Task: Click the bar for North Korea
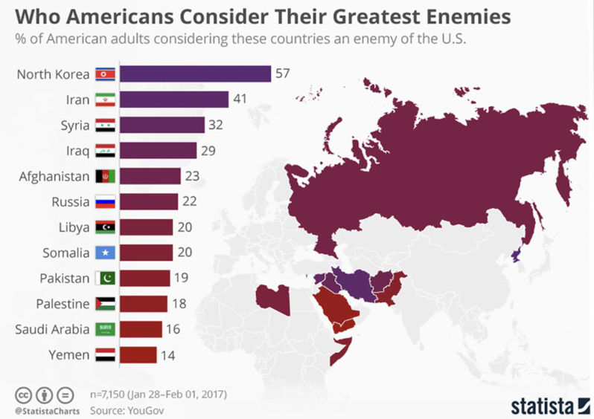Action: [194, 74]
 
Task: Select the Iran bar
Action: [173, 99]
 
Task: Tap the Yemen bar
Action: [138, 354]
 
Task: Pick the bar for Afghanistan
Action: [150, 176]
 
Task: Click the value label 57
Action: [283, 74]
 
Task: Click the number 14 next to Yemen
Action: [169, 355]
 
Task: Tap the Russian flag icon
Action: [104, 202]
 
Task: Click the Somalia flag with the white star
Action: [104, 253]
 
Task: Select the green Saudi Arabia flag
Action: [104, 329]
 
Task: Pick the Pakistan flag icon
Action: [104, 279]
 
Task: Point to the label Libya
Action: [74, 227]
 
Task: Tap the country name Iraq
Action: [77, 151]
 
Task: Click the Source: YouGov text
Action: [122, 409]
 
